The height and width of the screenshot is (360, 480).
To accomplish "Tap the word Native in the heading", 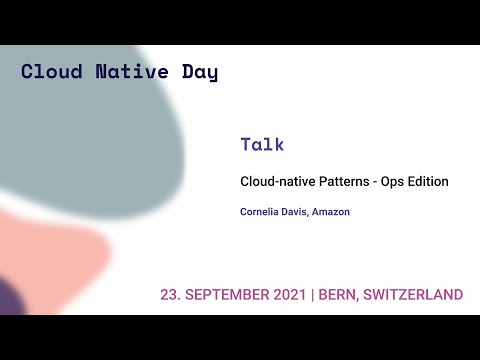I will pyautogui.click(x=124, y=72).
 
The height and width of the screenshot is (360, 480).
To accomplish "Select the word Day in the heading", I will pyautogui.click(x=198, y=72).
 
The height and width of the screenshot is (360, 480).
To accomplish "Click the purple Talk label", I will pyautogui.click(x=262, y=144).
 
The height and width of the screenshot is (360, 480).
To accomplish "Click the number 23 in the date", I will pyautogui.click(x=169, y=295).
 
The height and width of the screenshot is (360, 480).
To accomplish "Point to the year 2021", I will pyautogui.click(x=290, y=295).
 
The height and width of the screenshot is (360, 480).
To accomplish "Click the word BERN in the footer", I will pyautogui.click(x=337, y=295).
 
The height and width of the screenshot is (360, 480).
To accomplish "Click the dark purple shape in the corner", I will pyautogui.click(x=10, y=298).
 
